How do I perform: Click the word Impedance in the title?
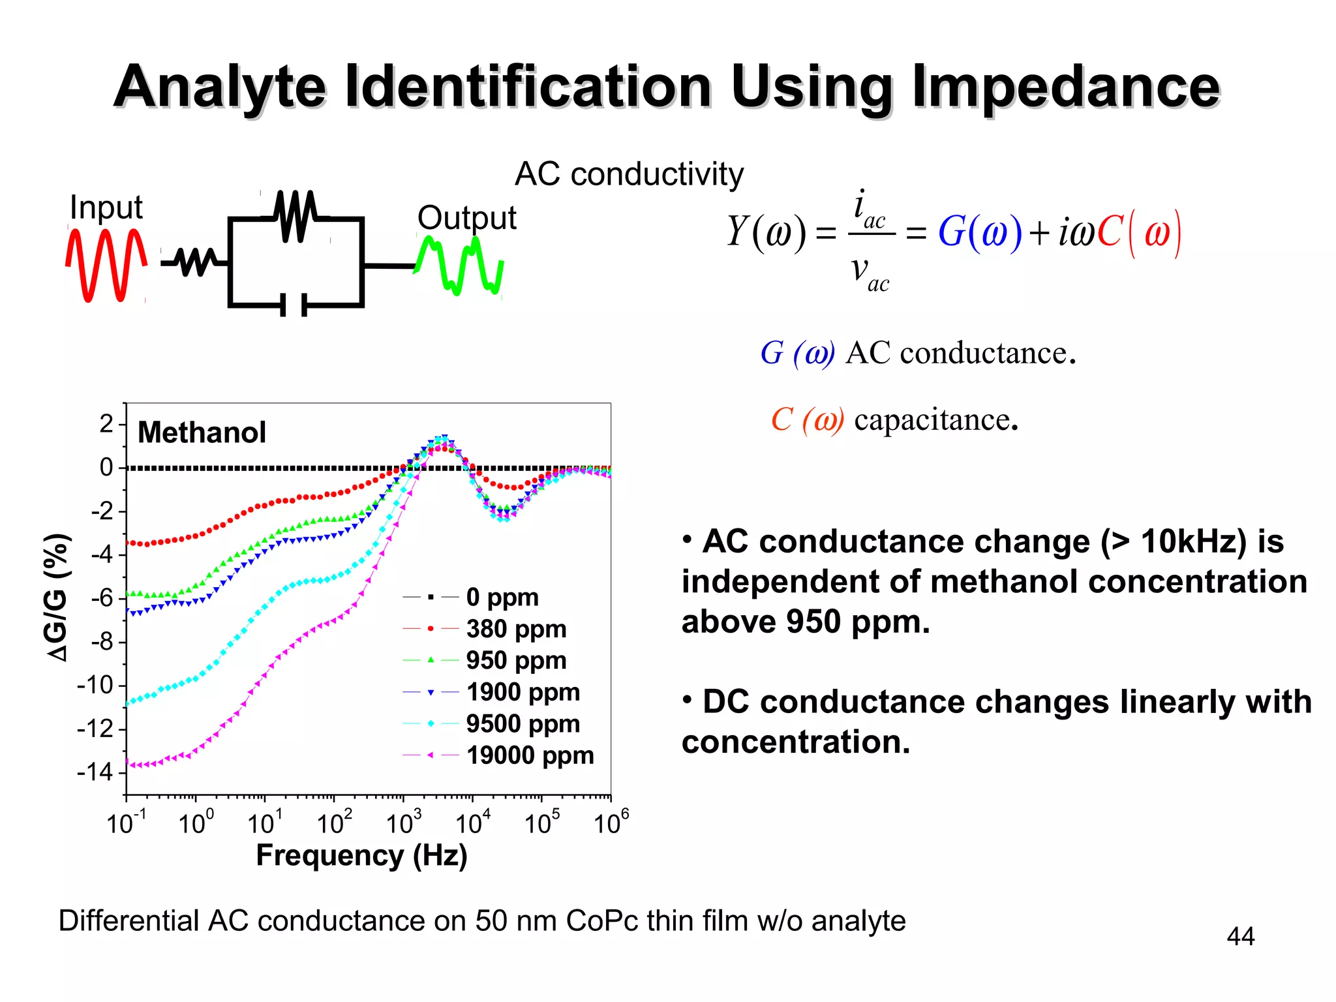coord(1065,88)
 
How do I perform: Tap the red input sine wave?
coord(105,264)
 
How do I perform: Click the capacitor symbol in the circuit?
coord(294,305)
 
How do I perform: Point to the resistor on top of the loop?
coord(296,216)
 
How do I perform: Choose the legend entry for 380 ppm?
coord(515,629)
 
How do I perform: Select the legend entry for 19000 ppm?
coord(529,755)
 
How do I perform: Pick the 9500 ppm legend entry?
coord(522,724)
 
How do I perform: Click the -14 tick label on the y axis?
coord(95,772)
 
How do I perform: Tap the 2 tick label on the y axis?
coord(106,424)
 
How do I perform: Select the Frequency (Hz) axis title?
coord(361,855)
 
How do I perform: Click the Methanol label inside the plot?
coord(202,433)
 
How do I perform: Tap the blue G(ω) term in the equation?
coord(979,232)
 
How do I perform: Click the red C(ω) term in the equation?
coord(1138,232)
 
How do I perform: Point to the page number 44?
coord(1240,937)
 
